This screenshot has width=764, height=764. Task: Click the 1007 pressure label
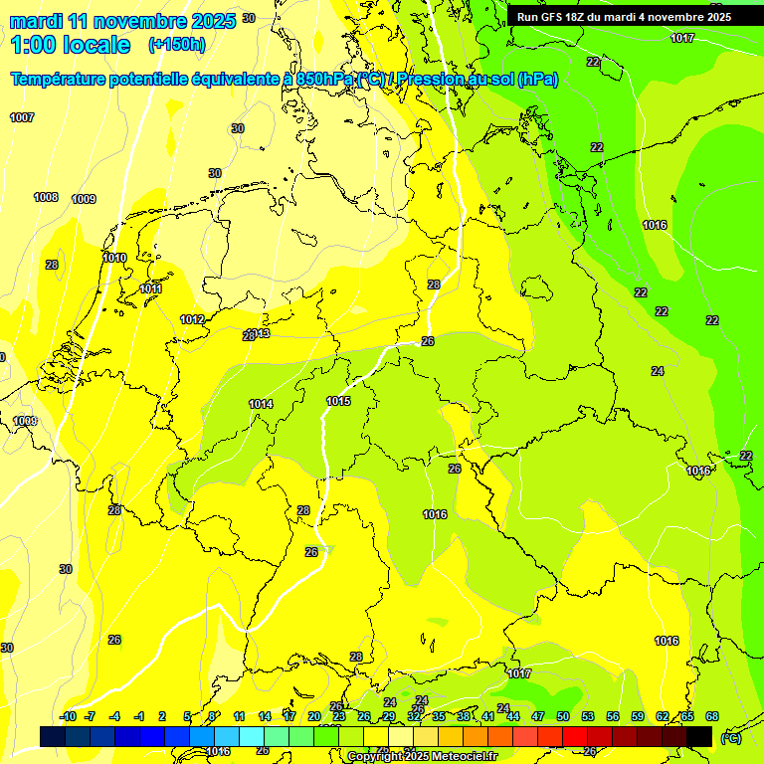(x=22, y=117)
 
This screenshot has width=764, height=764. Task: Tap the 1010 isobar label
(x=114, y=258)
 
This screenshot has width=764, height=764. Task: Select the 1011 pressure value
(x=150, y=288)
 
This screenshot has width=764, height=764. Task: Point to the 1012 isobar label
(x=192, y=319)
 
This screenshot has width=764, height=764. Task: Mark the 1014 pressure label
(x=261, y=404)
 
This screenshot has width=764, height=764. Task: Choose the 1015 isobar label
(x=338, y=401)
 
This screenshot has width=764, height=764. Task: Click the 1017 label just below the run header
(x=682, y=38)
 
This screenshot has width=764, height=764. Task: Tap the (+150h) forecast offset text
(x=177, y=44)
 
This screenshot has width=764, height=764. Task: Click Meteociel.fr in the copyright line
(x=461, y=757)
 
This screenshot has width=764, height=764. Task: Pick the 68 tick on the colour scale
(x=712, y=716)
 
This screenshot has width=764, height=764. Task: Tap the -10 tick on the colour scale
(x=68, y=716)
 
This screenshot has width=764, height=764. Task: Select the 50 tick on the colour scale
(x=563, y=716)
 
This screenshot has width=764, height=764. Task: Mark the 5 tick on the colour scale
(x=187, y=716)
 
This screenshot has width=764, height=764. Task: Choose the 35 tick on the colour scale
(x=439, y=716)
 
